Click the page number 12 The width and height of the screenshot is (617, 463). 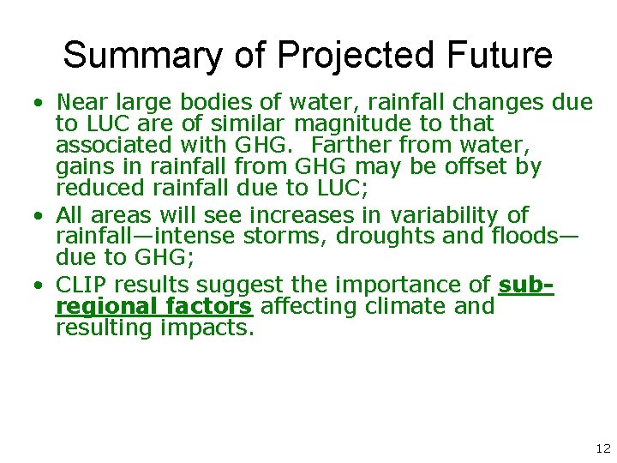coord(602,448)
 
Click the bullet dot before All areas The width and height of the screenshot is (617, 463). coord(39,215)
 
